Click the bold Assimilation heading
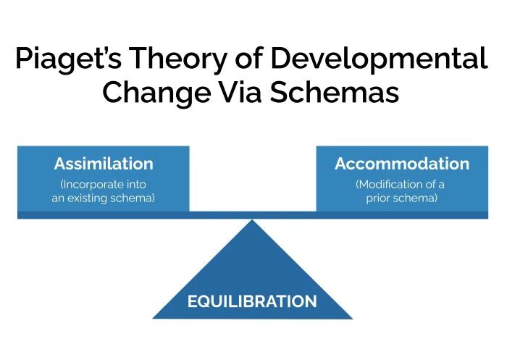(104, 164)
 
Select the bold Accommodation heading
(401, 164)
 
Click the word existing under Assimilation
(92, 198)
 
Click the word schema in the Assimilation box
(133, 198)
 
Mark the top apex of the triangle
(252, 220)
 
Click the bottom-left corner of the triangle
(154, 318)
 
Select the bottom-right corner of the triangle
(351, 318)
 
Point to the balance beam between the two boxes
(252, 214)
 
